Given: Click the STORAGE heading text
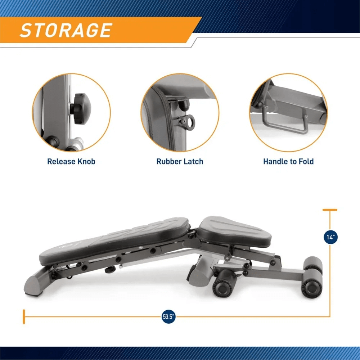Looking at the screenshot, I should pos(66,30).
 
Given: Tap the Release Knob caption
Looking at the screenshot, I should pos(71,161).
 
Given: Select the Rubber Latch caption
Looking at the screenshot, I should pos(180,161).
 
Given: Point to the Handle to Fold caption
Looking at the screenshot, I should pos(288,161).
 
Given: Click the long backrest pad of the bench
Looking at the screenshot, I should pos(115,239).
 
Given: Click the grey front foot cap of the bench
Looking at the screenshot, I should pos(35,284).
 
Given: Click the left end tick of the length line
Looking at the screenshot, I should pos(24,317).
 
